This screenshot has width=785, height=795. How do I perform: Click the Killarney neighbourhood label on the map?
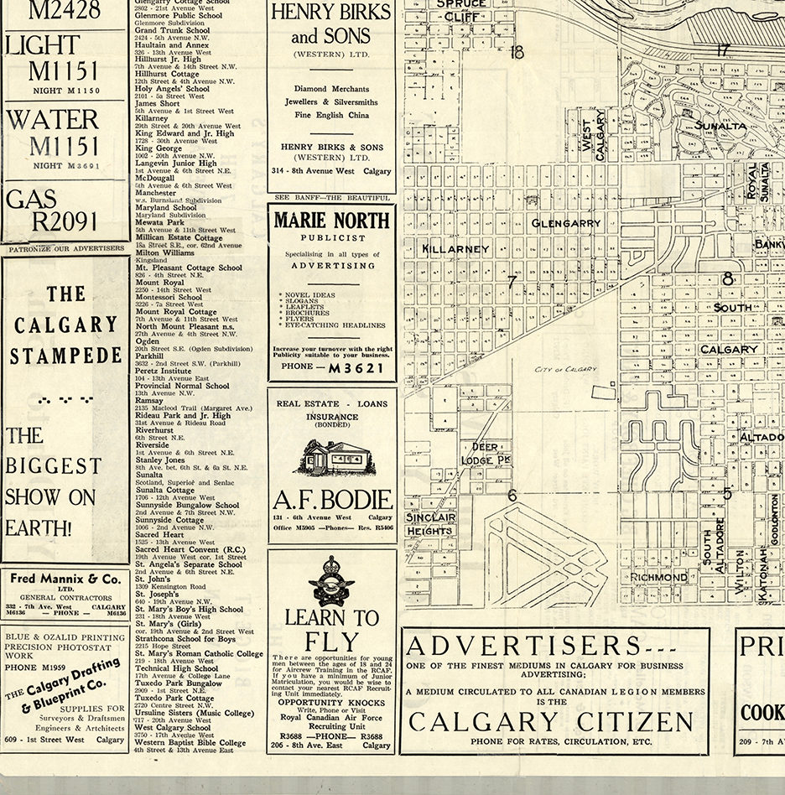click(455, 249)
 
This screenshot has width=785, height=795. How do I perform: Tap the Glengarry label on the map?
click(566, 223)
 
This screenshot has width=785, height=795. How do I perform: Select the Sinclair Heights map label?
click(430, 524)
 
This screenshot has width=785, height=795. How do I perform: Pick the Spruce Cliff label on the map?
click(462, 8)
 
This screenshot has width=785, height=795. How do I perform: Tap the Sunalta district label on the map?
click(720, 125)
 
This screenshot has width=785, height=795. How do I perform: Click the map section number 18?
click(516, 52)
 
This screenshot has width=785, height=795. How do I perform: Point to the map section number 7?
click(511, 282)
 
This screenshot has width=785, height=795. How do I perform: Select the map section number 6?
click(512, 496)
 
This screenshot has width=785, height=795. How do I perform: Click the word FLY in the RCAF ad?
click(331, 642)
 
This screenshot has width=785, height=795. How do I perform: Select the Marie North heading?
click(331, 221)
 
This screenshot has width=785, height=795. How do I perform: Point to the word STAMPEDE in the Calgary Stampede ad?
click(65, 355)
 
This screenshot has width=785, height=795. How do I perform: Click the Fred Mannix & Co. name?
click(65, 579)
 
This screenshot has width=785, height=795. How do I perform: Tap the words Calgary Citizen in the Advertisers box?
click(551, 721)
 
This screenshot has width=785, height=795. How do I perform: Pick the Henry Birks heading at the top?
click(330, 23)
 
